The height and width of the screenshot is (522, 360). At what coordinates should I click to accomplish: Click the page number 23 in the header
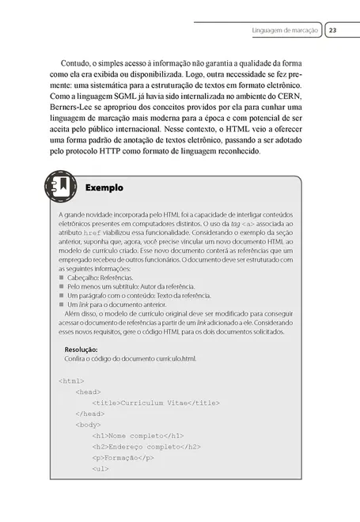coord(333,30)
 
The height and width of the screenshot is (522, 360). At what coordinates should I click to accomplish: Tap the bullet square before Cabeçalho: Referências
coord(62,278)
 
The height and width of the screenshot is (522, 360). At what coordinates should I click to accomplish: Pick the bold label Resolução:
coord(81,349)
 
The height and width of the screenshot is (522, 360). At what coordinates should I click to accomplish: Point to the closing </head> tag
coord(90,414)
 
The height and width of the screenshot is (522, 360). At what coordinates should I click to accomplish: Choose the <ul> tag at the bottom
coord(100,469)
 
